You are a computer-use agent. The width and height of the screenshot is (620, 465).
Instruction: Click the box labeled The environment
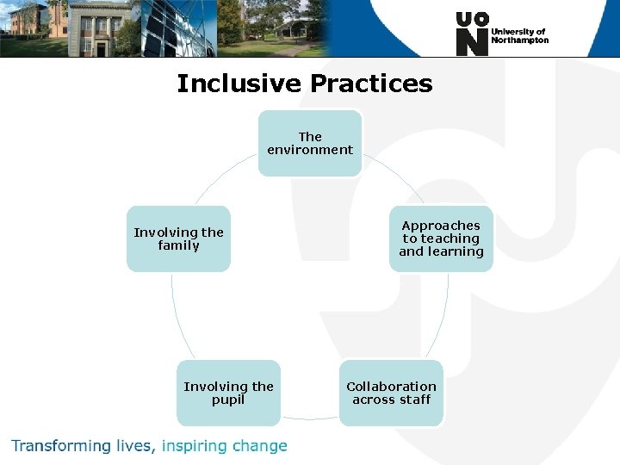point(310,143)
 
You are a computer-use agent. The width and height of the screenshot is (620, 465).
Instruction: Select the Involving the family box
point(178,239)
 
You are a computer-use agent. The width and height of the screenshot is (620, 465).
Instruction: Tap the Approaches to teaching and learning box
point(441,239)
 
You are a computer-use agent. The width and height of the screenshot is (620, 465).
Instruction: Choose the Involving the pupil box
point(228,393)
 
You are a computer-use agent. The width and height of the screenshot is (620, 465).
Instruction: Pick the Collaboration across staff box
point(391,393)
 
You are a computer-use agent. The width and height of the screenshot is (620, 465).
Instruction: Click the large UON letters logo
point(472,34)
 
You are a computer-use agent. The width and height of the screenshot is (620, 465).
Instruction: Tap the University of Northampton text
point(519,35)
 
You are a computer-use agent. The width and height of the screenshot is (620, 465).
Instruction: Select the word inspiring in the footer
point(196,446)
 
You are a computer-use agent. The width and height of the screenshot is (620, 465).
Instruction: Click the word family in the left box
point(178,245)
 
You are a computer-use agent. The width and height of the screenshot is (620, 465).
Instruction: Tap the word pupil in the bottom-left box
point(228,400)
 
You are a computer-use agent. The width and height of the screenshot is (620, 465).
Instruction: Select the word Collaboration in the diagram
point(391,387)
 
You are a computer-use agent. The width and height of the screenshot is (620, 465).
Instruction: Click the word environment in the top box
point(310,150)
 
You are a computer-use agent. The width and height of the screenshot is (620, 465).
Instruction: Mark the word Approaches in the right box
point(441,226)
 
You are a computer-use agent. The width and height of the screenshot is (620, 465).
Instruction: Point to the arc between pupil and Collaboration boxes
point(310,419)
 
